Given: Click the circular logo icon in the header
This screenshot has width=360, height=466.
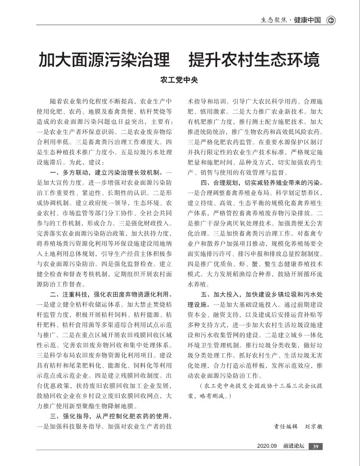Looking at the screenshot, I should pyautogui.click(x=331, y=20).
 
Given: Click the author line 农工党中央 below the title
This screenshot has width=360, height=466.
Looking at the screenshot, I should pyautogui.click(x=179, y=80).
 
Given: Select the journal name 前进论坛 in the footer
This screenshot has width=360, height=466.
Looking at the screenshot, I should pyautogui.click(x=294, y=447).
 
